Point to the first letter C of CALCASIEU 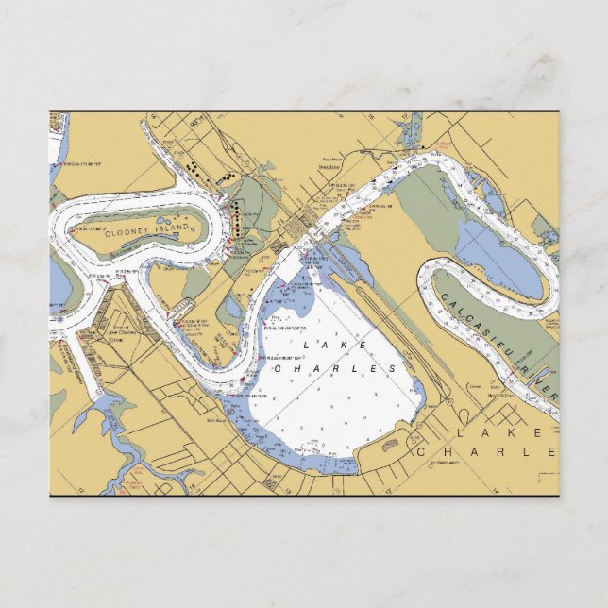(x=444, y=299)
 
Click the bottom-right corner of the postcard (x=558, y=496)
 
